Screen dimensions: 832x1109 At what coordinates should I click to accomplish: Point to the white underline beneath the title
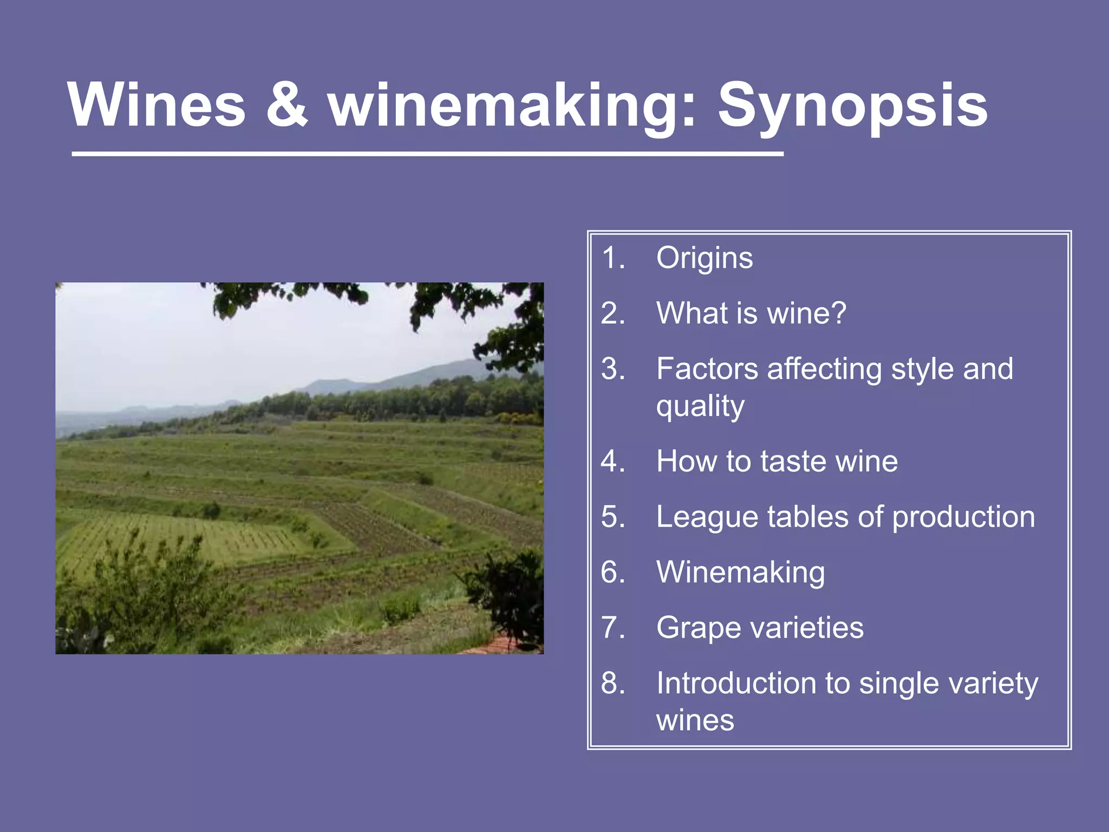click(427, 154)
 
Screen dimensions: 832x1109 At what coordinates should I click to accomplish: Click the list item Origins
click(704, 258)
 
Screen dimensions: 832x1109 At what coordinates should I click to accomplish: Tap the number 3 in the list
click(612, 369)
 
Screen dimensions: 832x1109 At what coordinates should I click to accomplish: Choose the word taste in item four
click(793, 461)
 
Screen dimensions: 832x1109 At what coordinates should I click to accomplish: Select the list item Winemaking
click(740, 573)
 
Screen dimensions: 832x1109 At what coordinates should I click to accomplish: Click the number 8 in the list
click(612, 683)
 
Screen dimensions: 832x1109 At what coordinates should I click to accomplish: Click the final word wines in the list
click(695, 721)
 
